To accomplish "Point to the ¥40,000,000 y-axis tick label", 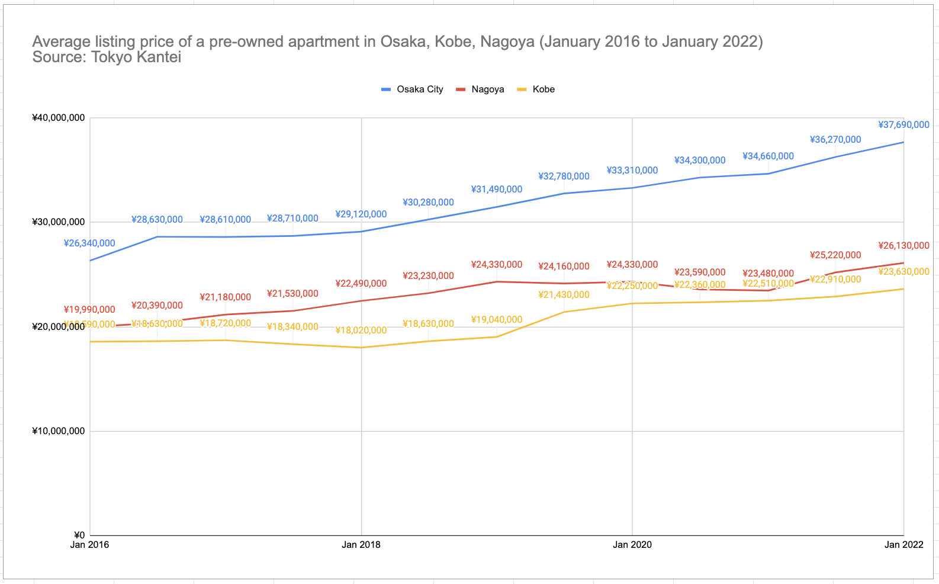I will [x=59, y=118].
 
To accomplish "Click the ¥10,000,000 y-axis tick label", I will [x=59, y=431].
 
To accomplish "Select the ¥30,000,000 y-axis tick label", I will [x=59, y=222].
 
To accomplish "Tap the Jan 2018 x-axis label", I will [x=361, y=545].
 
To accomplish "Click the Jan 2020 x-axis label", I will [x=632, y=545].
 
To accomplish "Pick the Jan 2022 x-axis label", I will [x=903, y=545].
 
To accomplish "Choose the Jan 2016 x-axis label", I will [x=90, y=545].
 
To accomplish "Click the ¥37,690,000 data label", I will [x=903, y=125].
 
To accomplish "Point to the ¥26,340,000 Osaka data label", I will [x=89, y=243].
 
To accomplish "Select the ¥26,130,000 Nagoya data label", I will [x=903, y=246].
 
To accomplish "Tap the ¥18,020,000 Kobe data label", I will [x=361, y=330].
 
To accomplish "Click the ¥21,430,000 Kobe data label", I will [x=564, y=295].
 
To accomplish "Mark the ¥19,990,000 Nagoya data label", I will [x=89, y=310].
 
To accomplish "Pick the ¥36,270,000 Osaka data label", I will [x=835, y=140].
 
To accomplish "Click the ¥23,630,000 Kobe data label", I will [x=903, y=272].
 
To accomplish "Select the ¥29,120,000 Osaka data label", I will [x=361, y=214].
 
